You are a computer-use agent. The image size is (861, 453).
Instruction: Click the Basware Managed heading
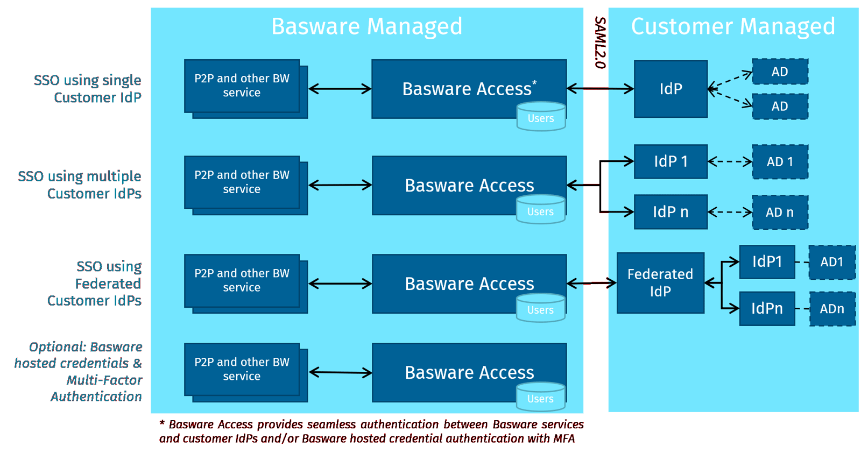[366, 27]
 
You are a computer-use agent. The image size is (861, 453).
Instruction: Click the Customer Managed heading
[732, 27]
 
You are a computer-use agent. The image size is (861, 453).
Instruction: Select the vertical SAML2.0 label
[599, 43]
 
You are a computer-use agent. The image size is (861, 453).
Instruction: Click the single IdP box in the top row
[671, 89]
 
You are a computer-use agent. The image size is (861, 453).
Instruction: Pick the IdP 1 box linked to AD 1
[671, 161]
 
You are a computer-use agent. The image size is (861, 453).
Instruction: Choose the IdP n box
[671, 212]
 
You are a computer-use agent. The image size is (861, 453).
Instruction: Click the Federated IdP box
[660, 283]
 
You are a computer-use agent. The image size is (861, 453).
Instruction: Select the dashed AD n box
[780, 213]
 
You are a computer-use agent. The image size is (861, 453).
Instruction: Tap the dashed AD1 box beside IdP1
[832, 262]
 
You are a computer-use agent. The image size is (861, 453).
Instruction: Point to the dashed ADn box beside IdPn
[832, 309]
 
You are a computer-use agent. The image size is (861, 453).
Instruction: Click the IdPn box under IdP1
[767, 309]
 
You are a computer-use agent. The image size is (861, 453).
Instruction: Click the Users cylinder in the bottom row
[540, 398]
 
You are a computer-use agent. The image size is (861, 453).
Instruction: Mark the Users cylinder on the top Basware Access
[541, 117]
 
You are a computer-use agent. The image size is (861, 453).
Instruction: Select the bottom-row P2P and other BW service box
[242, 370]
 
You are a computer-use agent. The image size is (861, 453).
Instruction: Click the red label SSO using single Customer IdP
[89, 89]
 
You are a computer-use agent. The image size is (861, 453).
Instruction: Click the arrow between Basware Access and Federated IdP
[591, 283]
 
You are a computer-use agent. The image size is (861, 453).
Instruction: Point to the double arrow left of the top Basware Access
[340, 89]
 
